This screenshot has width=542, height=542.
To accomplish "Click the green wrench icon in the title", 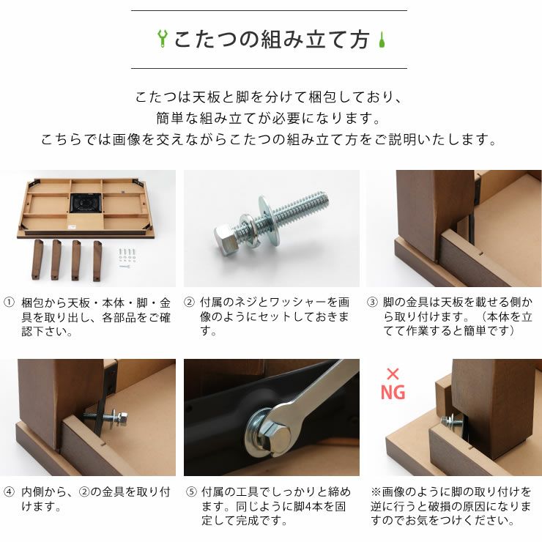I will tap(163, 39).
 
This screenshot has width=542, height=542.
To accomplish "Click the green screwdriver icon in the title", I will tap(381, 39).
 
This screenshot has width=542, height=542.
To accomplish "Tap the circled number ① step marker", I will tap(9, 302).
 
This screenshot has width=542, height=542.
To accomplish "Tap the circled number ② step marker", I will tap(189, 302).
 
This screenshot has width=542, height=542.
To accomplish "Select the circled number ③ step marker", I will tap(372, 302).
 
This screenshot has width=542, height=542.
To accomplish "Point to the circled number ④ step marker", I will tap(9, 492).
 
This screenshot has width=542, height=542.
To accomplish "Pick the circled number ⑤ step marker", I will tap(189, 492).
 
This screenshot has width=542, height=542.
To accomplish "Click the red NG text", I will tap(393, 393).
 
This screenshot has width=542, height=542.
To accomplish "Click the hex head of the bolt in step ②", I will tap(224, 236).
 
